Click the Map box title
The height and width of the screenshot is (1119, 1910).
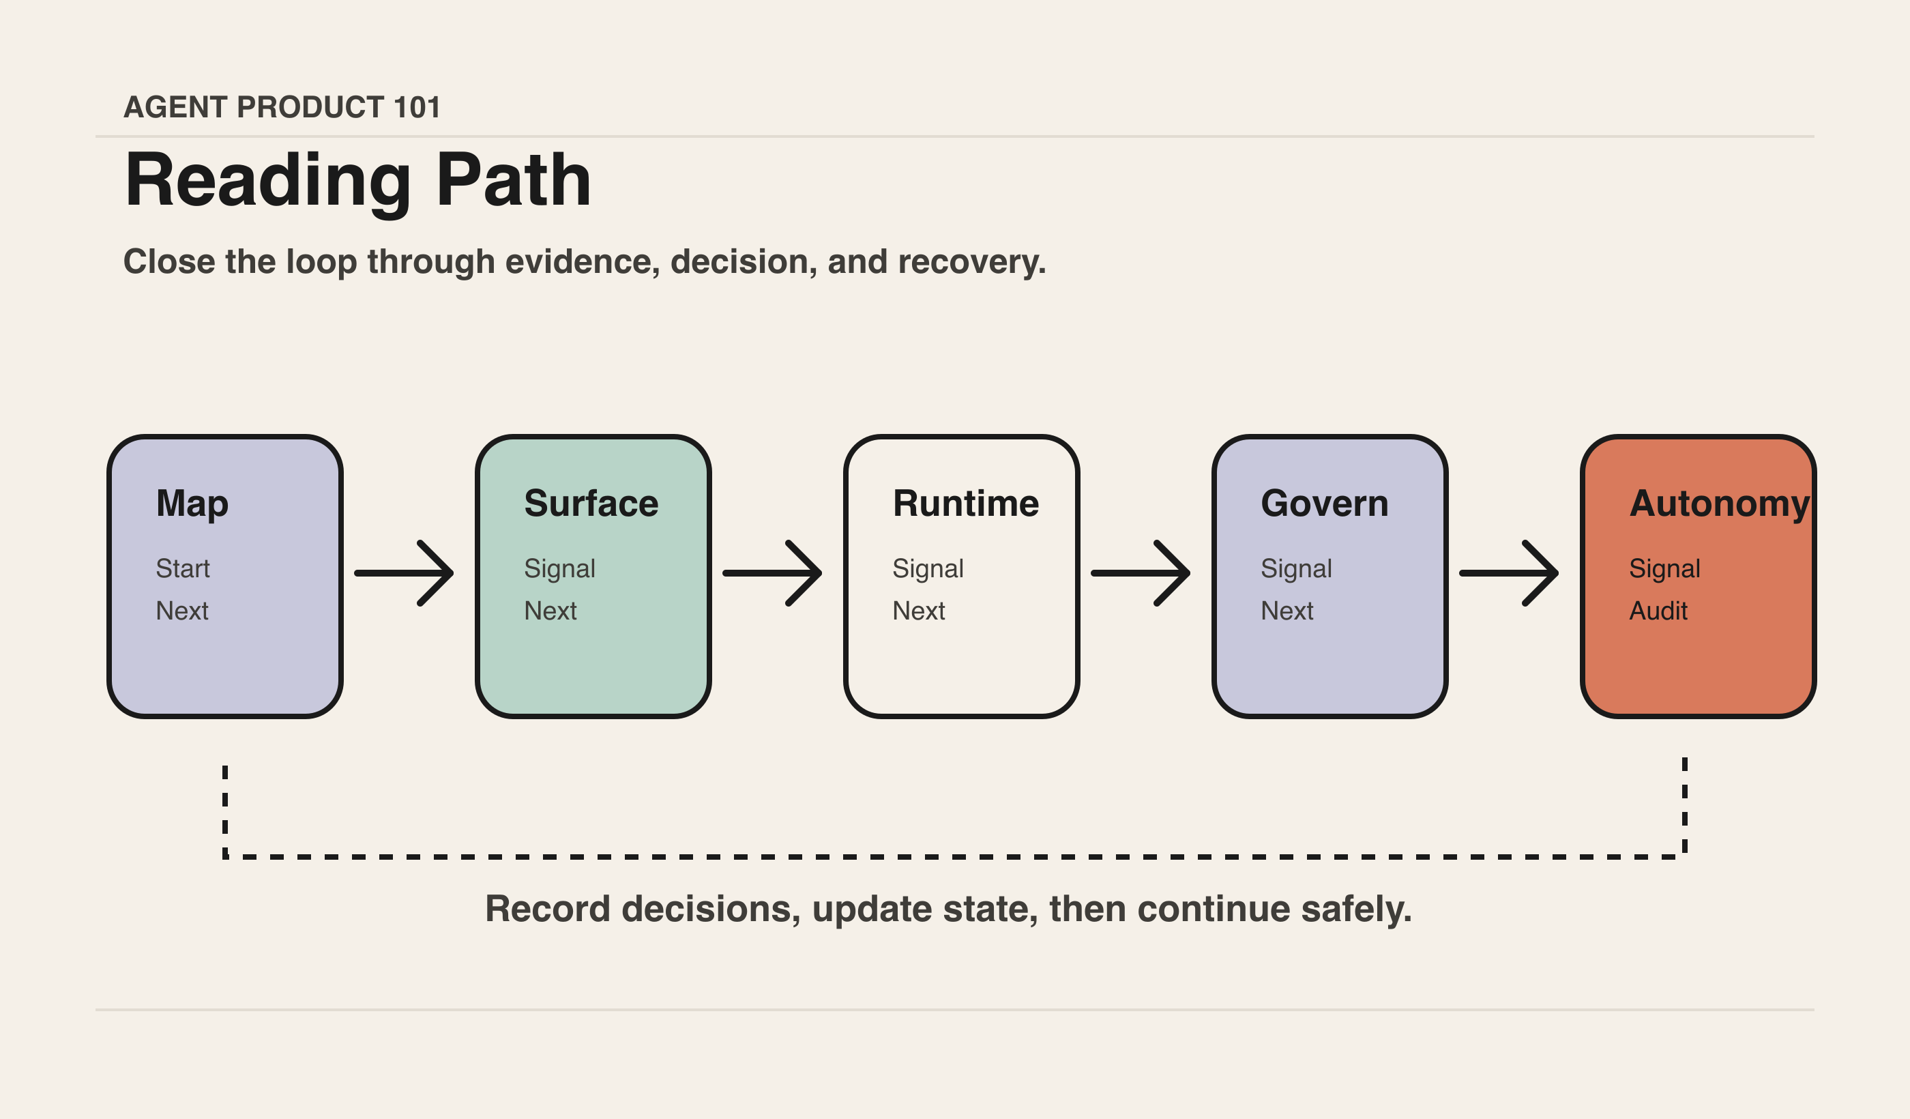[x=192, y=504]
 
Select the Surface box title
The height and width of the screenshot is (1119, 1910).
[x=591, y=504]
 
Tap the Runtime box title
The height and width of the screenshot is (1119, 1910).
[x=966, y=504]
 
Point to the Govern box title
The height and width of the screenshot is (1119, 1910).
[x=1324, y=504]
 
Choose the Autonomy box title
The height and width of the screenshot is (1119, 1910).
[x=1720, y=504]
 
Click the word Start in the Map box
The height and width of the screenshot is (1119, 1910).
[x=183, y=568]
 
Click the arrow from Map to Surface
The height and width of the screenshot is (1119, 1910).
[x=404, y=573]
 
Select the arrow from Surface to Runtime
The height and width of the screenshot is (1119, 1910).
[x=772, y=573]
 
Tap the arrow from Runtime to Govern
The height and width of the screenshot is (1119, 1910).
[x=1141, y=573]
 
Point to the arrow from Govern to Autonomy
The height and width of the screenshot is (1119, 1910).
[x=1509, y=573]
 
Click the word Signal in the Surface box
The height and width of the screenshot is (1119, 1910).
[x=559, y=569]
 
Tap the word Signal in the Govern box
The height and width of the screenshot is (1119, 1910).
[x=1296, y=569]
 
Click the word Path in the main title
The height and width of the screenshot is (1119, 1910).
[x=514, y=179]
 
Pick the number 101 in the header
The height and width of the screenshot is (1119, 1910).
[x=417, y=107]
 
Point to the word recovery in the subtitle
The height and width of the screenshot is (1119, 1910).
[x=971, y=262]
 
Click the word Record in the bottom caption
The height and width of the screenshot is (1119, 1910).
[x=547, y=908]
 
